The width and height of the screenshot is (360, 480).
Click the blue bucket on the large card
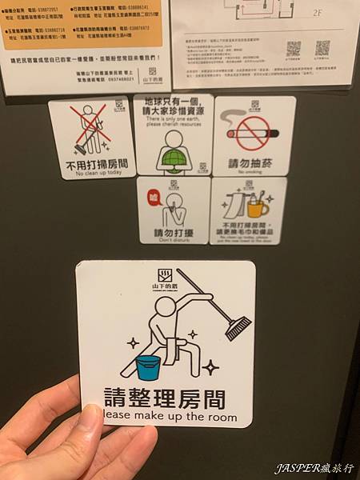pyautogui.click(x=147, y=367)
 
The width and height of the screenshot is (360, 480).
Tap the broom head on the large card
pyautogui.click(x=238, y=327)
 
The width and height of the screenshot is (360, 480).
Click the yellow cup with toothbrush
pyautogui.click(x=257, y=207)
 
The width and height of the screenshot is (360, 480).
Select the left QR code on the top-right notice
pyautogui.click(x=294, y=48)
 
